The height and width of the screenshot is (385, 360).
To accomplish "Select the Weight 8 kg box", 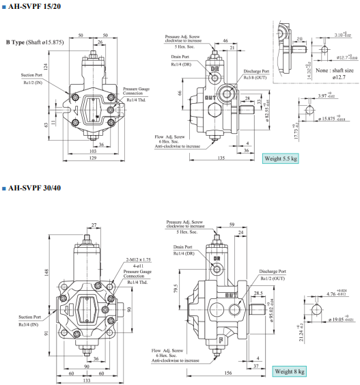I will pyautogui.click(x=290, y=371).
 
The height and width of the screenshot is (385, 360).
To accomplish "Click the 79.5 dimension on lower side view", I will pyautogui.click(x=176, y=288).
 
